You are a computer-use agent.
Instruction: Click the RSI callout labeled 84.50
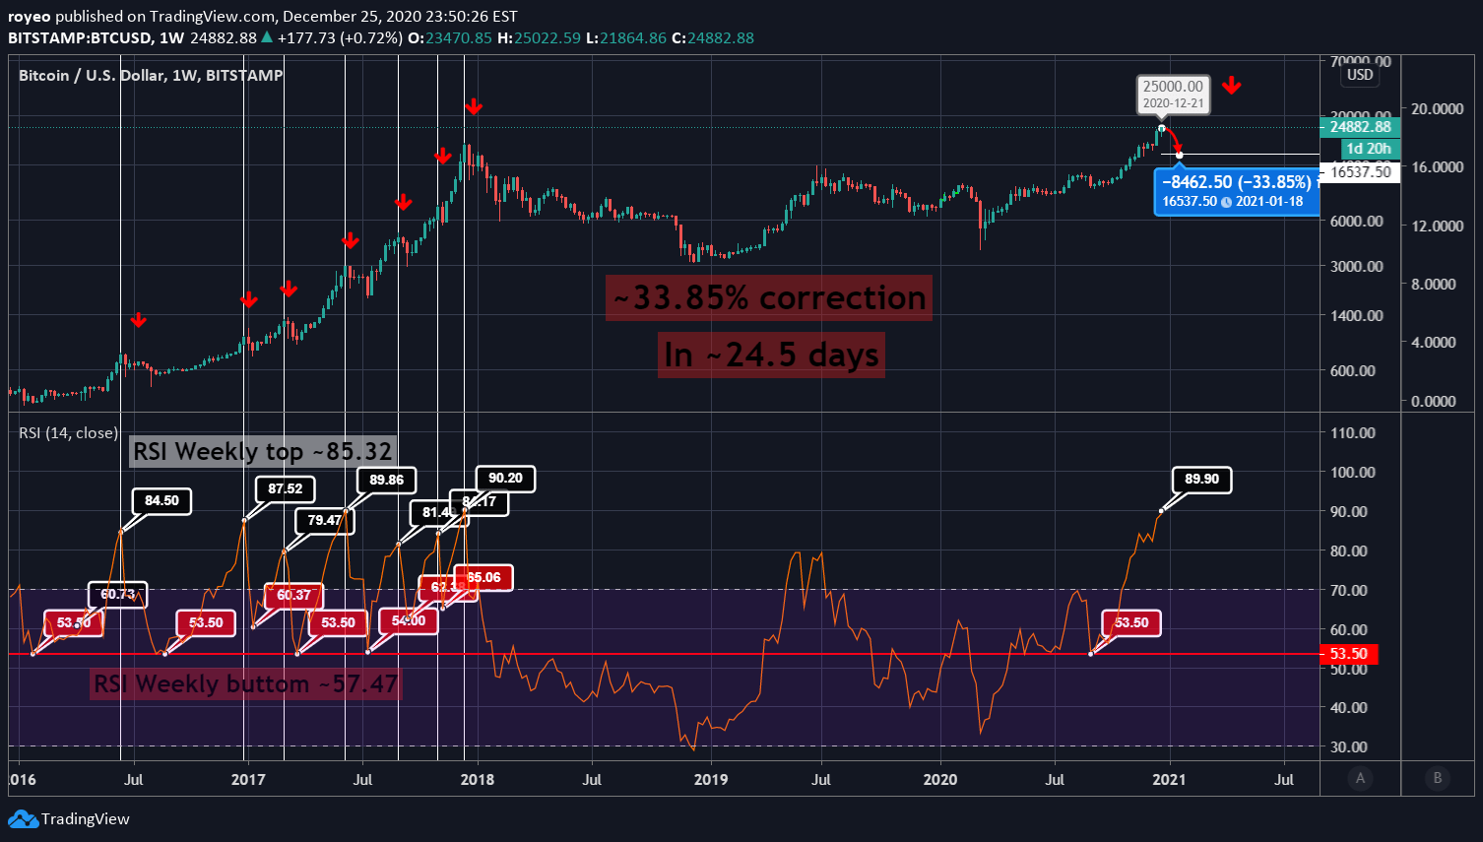pyautogui.click(x=161, y=501)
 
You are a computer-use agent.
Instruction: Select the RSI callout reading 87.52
pyautogui.click(x=286, y=489)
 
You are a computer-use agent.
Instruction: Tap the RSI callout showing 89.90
pyautogui.click(x=1201, y=480)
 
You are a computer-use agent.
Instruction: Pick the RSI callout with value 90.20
pyautogui.click(x=505, y=479)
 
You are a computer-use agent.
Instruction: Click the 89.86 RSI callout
pyautogui.click(x=386, y=481)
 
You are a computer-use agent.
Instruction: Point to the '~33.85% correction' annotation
pyautogui.click(x=769, y=297)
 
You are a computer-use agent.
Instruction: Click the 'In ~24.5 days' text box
pyautogui.click(x=771, y=355)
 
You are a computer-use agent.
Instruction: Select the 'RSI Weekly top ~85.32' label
pyautogui.click(x=263, y=452)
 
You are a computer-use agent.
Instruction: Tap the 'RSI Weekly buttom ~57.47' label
pyautogui.click(x=245, y=683)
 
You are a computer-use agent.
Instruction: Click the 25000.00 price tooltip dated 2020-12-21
pyautogui.click(x=1173, y=94)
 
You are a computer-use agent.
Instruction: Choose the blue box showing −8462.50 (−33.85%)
pyautogui.click(x=1237, y=191)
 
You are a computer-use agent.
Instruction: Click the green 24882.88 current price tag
pyautogui.click(x=1360, y=127)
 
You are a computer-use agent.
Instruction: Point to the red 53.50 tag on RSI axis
pyautogui.click(x=1348, y=654)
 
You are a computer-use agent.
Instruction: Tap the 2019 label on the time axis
pyautogui.click(x=710, y=780)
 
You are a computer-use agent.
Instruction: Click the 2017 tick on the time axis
pyautogui.click(x=247, y=780)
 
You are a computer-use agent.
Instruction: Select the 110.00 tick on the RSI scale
pyautogui.click(x=1352, y=433)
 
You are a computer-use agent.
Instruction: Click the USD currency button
pyautogui.click(x=1360, y=75)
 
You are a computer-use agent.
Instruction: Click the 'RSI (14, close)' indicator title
pyautogui.click(x=68, y=433)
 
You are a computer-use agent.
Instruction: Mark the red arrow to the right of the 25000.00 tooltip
pyautogui.click(x=1231, y=87)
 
